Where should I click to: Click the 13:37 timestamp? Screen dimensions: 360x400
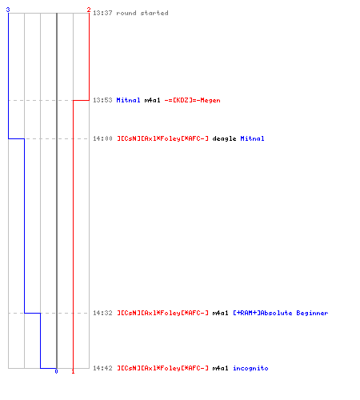click(x=102, y=13)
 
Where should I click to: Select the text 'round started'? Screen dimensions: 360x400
click(x=142, y=13)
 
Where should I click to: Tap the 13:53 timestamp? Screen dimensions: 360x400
click(x=102, y=100)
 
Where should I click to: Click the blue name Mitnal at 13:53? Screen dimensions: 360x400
click(x=128, y=100)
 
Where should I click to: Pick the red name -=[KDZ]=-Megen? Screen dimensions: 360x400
click(x=193, y=100)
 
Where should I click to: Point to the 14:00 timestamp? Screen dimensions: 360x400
click(x=102, y=138)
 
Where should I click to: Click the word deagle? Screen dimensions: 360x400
click(x=224, y=138)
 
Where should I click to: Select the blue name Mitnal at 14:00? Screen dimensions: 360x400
click(x=252, y=138)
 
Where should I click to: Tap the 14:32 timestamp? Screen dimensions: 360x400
click(x=102, y=313)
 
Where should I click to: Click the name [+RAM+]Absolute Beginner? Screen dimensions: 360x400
click(x=281, y=313)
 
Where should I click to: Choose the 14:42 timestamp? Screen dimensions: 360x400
click(x=102, y=368)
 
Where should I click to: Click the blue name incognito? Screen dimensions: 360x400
click(x=250, y=368)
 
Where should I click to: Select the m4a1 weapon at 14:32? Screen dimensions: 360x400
click(x=220, y=313)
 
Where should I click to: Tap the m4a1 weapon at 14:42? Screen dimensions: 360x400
click(x=220, y=368)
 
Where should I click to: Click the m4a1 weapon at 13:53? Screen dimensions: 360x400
click(x=152, y=100)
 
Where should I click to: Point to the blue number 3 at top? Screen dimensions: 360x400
click(x=8, y=10)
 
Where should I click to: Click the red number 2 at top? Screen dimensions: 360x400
click(x=89, y=10)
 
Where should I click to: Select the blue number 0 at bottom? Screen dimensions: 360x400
click(x=56, y=371)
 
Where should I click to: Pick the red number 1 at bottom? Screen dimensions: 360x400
click(x=73, y=371)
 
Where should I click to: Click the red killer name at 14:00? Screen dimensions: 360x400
click(x=162, y=138)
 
